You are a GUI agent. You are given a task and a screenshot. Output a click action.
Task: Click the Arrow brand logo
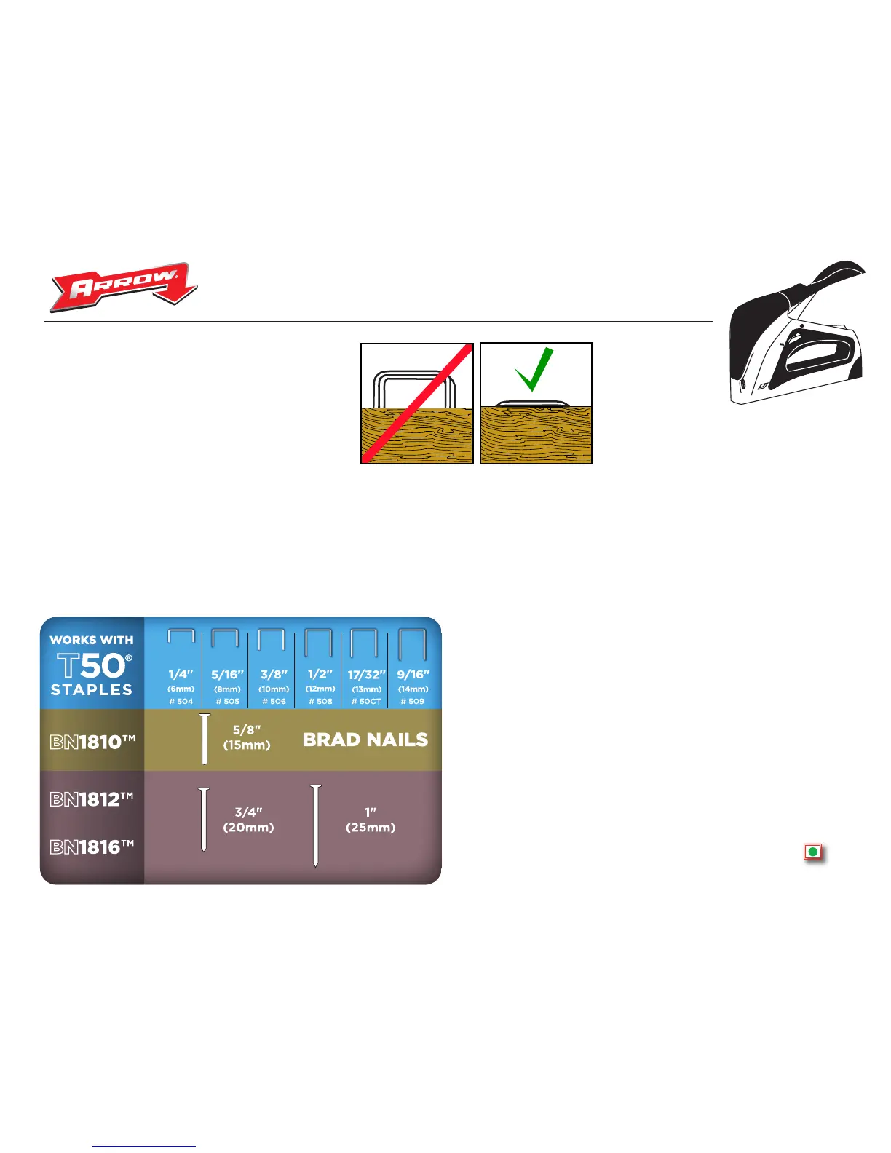[124, 286]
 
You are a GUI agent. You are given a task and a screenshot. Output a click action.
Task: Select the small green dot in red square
[812, 851]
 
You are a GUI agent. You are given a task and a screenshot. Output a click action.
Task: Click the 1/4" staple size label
[181, 675]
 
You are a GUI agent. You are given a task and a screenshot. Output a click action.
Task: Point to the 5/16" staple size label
[227, 675]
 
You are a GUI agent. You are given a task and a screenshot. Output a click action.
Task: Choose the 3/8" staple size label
[274, 675]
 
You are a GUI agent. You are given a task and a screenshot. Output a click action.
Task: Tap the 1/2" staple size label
[320, 675]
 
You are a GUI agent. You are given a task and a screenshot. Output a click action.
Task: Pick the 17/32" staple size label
[366, 675]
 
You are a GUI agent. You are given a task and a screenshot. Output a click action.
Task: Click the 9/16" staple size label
[413, 675]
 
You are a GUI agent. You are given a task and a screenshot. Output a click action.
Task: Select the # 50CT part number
[366, 702]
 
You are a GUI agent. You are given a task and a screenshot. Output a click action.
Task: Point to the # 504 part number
[181, 702]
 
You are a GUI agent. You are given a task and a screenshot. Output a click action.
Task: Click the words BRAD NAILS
[365, 740]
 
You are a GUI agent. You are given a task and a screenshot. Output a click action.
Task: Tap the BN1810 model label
[92, 742]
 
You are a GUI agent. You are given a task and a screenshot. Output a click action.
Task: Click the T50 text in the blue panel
[93, 665]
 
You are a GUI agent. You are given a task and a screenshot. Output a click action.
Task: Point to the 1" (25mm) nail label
[371, 820]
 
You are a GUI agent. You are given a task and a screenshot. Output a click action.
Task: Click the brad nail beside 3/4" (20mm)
[204, 820]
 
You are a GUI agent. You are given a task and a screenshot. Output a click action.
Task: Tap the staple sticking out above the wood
[414, 389]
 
